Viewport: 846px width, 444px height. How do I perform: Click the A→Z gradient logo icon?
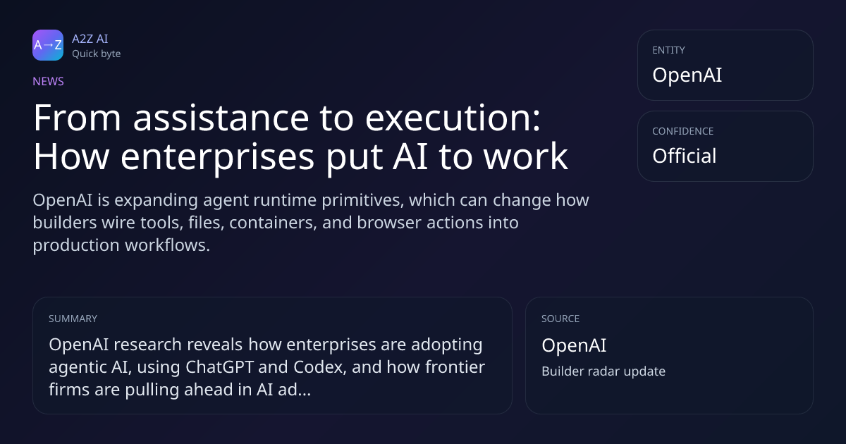pyautogui.click(x=48, y=45)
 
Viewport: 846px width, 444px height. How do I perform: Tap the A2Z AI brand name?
pyautogui.click(x=90, y=39)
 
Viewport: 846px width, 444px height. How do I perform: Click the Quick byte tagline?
pyautogui.click(x=97, y=54)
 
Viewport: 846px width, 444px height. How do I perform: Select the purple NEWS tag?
pyautogui.click(x=49, y=82)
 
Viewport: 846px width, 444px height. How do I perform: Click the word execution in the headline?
pyautogui.click(x=453, y=118)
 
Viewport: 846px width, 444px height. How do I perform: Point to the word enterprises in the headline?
pyautogui.click(x=218, y=156)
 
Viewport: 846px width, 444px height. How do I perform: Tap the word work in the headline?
pyautogui.click(x=526, y=156)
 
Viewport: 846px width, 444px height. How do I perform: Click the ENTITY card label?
pyautogui.click(x=668, y=50)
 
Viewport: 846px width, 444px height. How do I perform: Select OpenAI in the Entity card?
pyautogui.click(x=687, y=75)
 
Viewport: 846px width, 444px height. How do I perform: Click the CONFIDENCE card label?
pyautogui.click(x=683, y=131)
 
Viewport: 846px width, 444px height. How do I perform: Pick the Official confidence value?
pyautogui.click(x=685, y=156)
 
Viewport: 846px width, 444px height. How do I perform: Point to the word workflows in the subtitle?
pyautogui.click(x=167, y=245)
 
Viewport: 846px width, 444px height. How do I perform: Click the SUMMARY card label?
pyautogui.click(x=73, y=319)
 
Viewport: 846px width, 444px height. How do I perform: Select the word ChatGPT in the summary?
pyautogui.click(x=219, y=367)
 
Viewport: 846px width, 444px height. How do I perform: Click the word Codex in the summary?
pyautogui.click(x=320, y=367)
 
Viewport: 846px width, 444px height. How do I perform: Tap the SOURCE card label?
pyautogui.click(x=560, y=319)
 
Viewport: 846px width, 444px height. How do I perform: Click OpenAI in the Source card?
pyautogui.click(x=574, y=345)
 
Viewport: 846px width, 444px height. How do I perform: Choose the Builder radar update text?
pyautogui.click(x=603, y=371)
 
